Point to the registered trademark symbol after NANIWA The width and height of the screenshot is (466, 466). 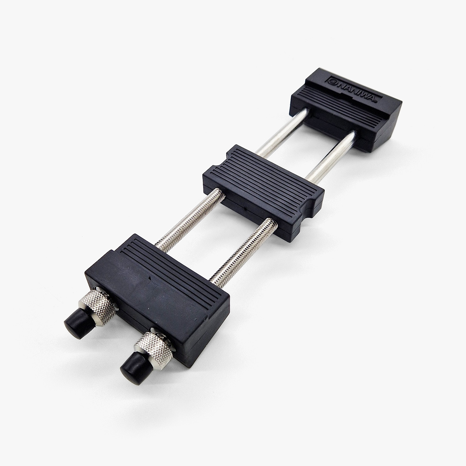374,102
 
